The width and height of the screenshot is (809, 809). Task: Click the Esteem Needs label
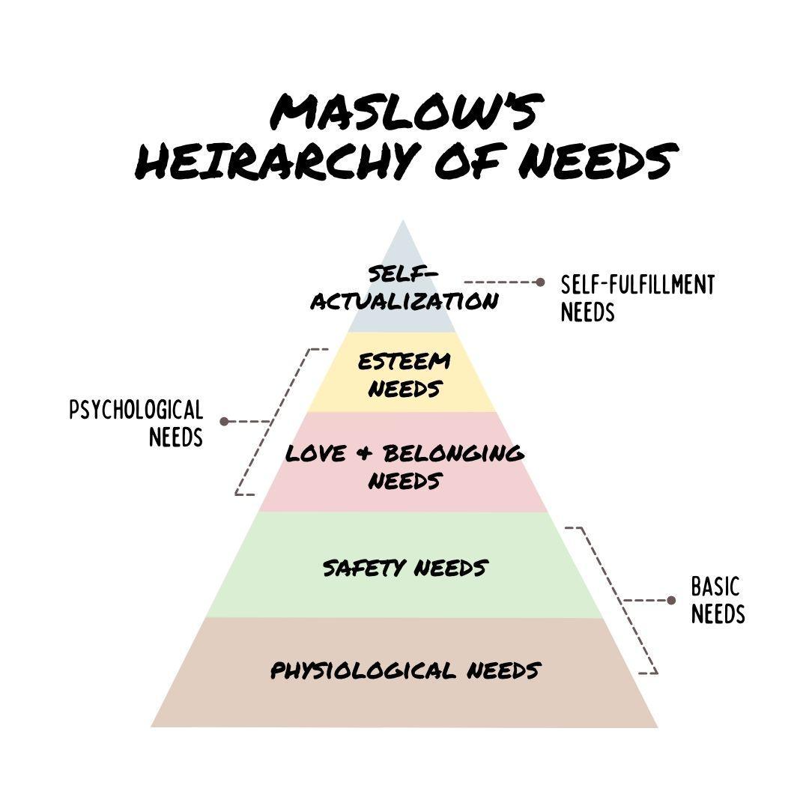[404, 375]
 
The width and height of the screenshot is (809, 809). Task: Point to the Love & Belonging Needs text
[404, 466]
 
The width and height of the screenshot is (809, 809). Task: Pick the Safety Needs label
[404, 568]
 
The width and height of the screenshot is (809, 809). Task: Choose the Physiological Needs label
[404, 669]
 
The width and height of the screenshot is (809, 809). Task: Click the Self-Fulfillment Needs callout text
[637, 297]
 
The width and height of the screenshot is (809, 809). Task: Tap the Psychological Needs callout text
[136, 422]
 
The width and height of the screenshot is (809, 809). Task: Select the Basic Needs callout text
[717, 600]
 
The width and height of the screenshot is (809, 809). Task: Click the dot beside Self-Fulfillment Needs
[540, 282]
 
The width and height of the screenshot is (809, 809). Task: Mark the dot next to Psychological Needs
[223, 422]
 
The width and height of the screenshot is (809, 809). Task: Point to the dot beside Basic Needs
[671, 600]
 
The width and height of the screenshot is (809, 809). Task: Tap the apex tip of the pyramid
[403, 222]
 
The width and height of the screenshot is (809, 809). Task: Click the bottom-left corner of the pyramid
[153, 725]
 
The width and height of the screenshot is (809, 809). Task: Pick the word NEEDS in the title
[596, 160]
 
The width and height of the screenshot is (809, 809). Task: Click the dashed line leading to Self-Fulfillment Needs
[499, 282]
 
